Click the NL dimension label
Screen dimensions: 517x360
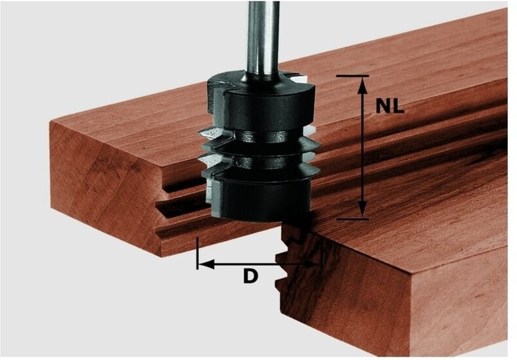click(390, 106)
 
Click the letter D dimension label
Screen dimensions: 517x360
click(250, 276)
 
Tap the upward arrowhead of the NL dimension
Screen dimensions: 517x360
click(362, 86)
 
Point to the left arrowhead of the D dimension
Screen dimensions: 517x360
click(207, 264)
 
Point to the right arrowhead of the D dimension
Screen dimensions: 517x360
click(311, 264)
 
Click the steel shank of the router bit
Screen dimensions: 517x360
click(263, 41)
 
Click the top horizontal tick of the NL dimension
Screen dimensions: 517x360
click(352, 76)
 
